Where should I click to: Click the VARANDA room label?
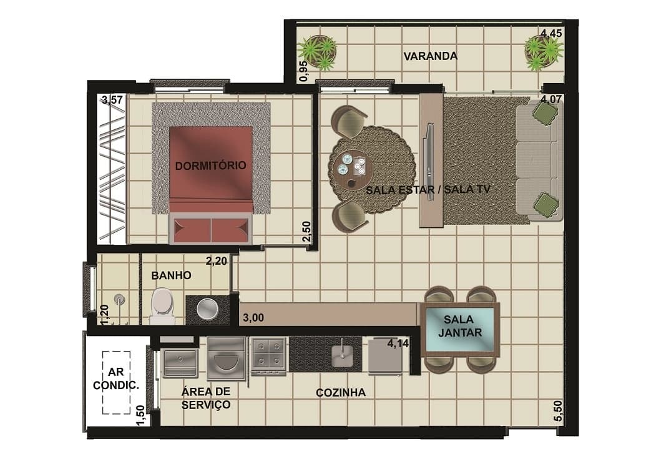pos(430,56)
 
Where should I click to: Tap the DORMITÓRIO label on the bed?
pos(210,165)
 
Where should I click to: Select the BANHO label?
pos(171,275)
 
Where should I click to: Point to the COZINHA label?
pos(341,393)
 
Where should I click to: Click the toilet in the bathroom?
pos(162,306)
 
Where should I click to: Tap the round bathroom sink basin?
pos(207,309)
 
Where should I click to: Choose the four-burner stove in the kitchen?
pos(268,357)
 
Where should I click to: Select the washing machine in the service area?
pos(226,359)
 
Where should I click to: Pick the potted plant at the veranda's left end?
pos(318,52)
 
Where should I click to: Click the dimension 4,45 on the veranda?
pos(551,34)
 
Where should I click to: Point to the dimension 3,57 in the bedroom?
pos(112,100)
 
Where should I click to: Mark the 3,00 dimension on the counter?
pos(253,318)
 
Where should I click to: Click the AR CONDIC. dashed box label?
pos(116,379)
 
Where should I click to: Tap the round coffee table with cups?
pos(351,169)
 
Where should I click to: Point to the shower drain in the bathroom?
pos(120,299)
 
